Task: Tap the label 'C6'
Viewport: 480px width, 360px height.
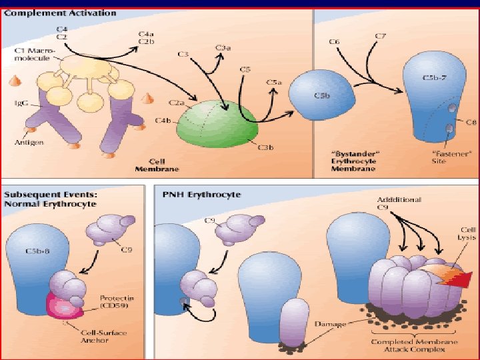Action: [335, 42]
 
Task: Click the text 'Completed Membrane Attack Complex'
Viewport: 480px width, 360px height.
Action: [408, 347]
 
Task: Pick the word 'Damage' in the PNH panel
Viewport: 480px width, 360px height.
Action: [330, 324]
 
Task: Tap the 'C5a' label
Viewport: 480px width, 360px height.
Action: [274, 82]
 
